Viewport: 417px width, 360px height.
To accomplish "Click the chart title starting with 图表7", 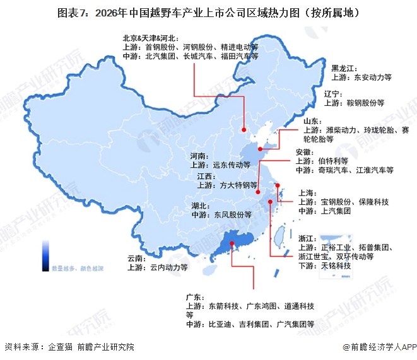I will pos(208,12).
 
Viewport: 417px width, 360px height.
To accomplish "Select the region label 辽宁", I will pos(332,93).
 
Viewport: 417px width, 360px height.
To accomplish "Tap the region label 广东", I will pos(194,297).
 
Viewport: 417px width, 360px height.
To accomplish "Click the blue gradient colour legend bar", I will pos(46,255).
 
